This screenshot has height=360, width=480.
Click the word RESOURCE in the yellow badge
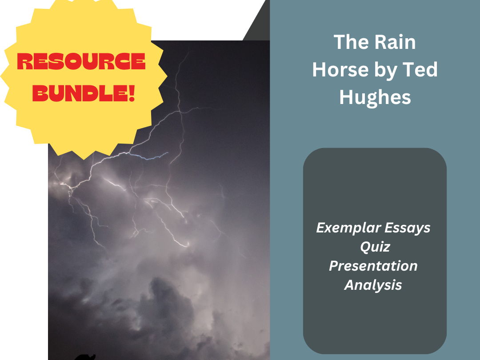pos(81,63)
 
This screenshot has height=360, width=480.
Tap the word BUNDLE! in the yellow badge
pos(84,94)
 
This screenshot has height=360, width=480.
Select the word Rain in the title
pos(394,42)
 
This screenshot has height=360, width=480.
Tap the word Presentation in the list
pos(373,266)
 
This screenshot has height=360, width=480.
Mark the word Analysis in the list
pos(373,285)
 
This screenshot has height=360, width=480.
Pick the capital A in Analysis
pos(350,285)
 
